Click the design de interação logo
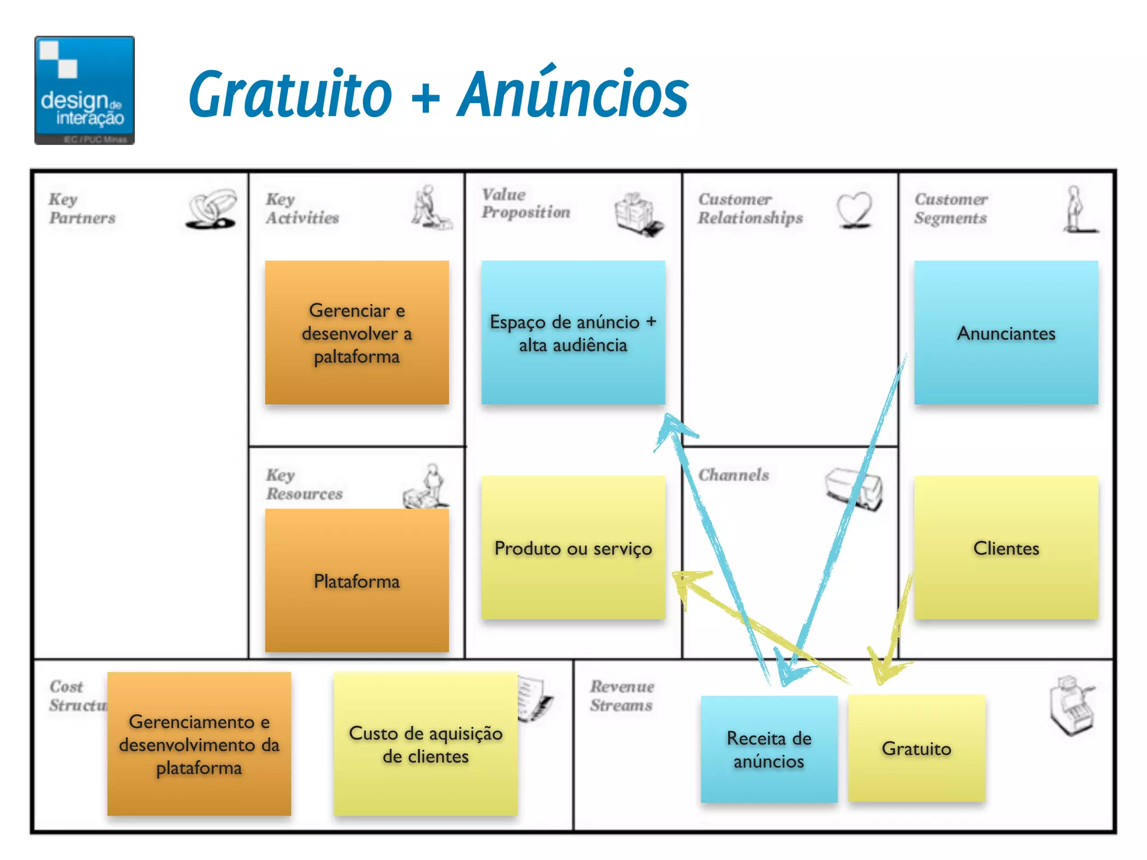[x=85, y=90]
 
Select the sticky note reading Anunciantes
[x=1006, y=333]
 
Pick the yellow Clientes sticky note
[x=1006, y=548]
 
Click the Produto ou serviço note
[x=573, y=548]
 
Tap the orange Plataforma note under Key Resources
[x=357, y=581]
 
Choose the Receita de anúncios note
[x=769, y=749]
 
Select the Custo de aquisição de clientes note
[x=426, y=744]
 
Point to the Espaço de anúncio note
[x=573, y=333]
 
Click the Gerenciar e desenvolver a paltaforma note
[x=357, y=333]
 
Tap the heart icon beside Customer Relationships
[x=855, y=209]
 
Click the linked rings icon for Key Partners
[x=211, y=209]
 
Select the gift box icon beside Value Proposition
[x=637, y=214]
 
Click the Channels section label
[x=734, y=475]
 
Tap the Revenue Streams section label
[x=622, y=695]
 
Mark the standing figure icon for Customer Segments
[x=1076, y=209]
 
